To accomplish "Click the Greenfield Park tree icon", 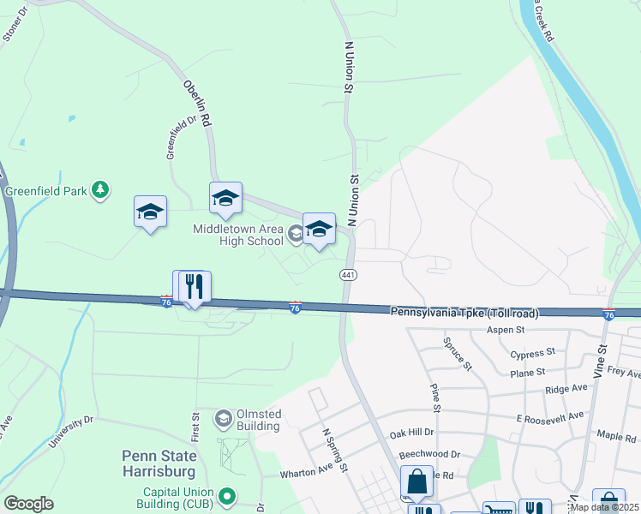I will (x=101, y=189).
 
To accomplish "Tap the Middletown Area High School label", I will (x=238, y=235).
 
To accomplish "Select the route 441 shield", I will (x=348, y=275).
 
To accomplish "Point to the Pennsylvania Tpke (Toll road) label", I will (x=464, y=314).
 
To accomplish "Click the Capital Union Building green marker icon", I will (x=227, y=495).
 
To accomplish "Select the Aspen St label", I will (x=505, y=330).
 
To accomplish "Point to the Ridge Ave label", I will (x=566, y=388).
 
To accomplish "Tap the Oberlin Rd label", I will (x=197, y=105).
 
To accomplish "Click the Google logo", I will (x=28, y=504).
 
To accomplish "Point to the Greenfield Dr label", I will (x=175, y=139).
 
